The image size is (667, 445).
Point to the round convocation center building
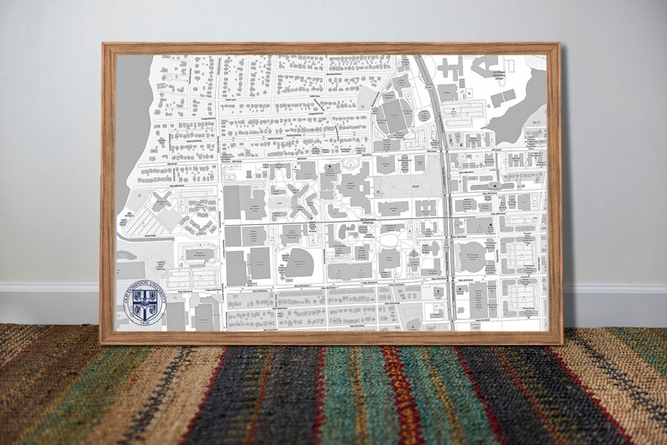pyautogui.click(x=472, y=256)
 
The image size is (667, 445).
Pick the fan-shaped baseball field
pyautogui.click(x=297, y=264)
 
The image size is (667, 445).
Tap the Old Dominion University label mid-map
pyautogui.click(x=370, y=219)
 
